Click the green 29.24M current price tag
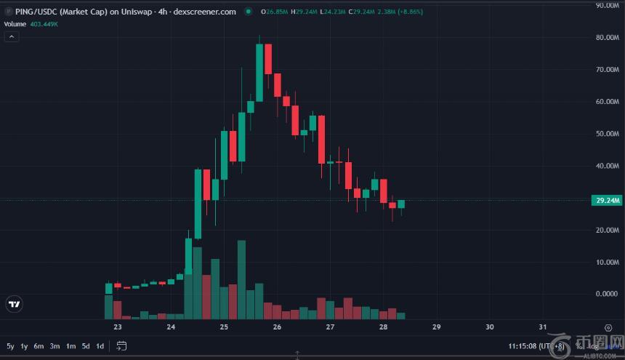[x=607, y=200]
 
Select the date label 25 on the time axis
[x=224, y=327]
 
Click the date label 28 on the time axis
[x=383, y=327]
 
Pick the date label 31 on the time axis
[x=542, y=327]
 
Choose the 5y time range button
[x=10, y=345]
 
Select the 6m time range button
[x=39, y=345]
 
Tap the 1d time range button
[x=99, y=345]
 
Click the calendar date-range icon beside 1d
[x=121, y=345]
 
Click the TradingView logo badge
[x=14, y=304]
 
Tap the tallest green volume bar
[x=242, y=279]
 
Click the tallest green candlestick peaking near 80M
[x=259, y=73]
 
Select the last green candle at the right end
[x=400, y=204]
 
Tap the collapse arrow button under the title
[x=12, y=36]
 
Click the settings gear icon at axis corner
[x=608, y=327]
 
